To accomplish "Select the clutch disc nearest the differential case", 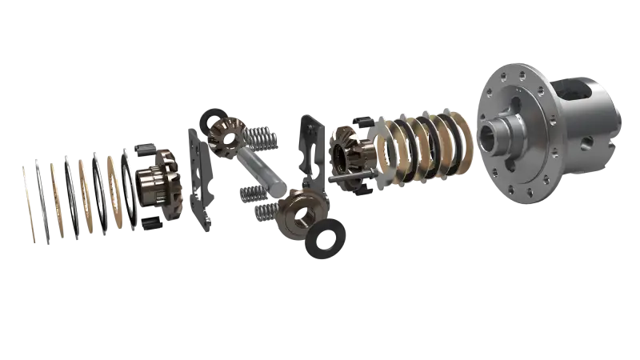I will click(460, 141).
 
